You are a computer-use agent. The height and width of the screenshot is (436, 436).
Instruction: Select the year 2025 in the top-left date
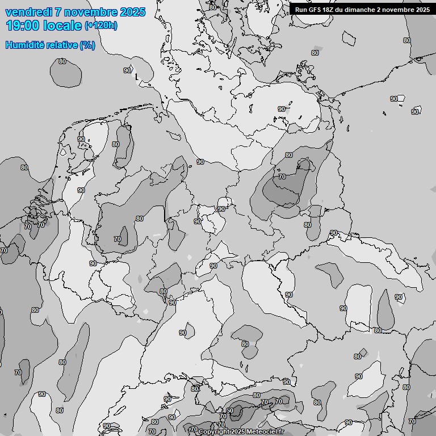tap(132, 12)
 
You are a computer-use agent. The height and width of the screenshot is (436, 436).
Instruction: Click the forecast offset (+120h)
tap(100, 26)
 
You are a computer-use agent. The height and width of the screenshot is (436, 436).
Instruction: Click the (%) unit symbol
tap(87, 45)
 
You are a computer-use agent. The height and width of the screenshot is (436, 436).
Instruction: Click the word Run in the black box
tap(301, 9)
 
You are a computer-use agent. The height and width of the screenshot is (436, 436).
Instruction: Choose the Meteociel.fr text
tap(265, 432)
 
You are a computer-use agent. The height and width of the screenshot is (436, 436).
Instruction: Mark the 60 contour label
tap(230, 410)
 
